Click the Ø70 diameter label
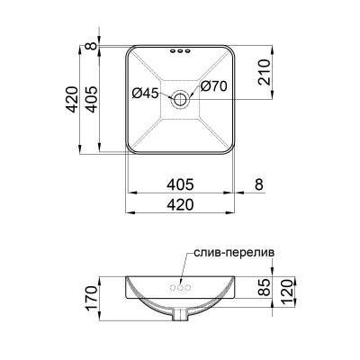(x=213, y=87)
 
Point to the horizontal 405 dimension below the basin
(x=181, y=185)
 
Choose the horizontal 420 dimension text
(x=181, y=205)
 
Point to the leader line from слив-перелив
(x=189, y=270)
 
